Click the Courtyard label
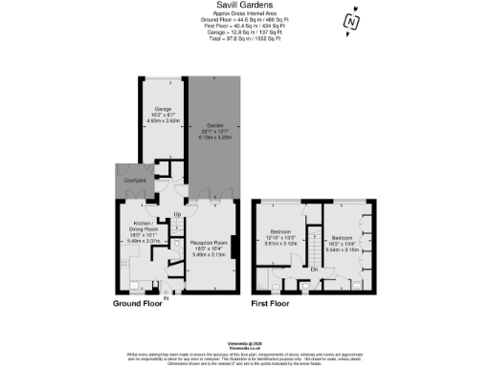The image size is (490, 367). [131, 178]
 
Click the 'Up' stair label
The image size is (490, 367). [177, 213]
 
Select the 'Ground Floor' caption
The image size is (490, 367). [138, 305]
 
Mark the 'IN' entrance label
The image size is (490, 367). [166, 298]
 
